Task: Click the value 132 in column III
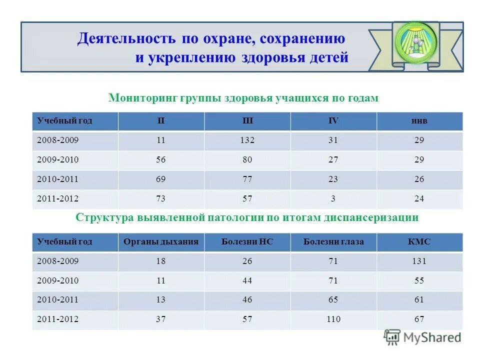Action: pos(247,140)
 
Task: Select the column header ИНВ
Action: pos(419,121)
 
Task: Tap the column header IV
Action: pos(333,121)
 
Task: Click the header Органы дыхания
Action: pos(161,242)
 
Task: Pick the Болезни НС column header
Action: pos(247,242)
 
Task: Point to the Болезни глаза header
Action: pos(333,242)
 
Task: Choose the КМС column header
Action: pos(419,242)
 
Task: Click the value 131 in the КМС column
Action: pos(419,261)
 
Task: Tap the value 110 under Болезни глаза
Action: pos(333,319)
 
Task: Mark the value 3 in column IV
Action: pos(333,199)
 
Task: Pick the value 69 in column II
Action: pos(160,179)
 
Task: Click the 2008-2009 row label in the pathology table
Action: pos(57,261)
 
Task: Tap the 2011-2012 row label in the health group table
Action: pos(57,199)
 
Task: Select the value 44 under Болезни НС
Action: pos(247,281)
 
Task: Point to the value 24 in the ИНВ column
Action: pos(419,199)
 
